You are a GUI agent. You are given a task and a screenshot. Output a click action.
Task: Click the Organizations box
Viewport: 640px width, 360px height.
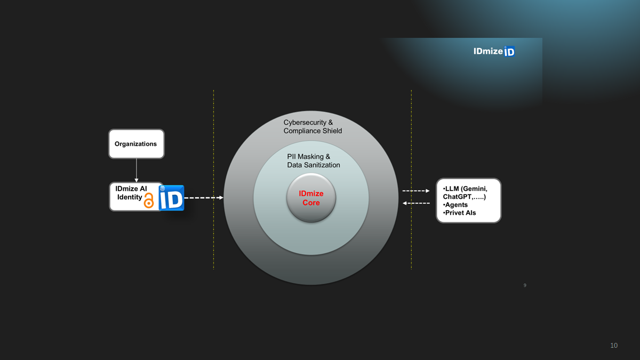(136, 144)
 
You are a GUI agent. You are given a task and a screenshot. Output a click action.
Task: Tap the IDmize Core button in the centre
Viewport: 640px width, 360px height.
(311, 198)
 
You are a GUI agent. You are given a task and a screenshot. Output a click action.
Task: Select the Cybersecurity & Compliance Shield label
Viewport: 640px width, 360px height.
(312, 126)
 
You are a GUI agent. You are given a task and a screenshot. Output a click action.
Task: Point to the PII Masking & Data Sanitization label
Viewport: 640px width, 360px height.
(313, 161)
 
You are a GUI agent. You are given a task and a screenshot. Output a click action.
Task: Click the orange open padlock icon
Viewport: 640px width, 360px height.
(149, 201)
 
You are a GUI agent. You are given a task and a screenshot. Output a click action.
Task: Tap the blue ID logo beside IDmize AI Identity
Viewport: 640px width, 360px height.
(172, 198)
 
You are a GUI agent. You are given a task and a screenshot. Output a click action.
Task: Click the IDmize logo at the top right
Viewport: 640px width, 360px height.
(494, 51)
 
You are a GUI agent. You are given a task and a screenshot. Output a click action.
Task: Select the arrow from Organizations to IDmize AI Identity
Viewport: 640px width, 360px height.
(137, 170)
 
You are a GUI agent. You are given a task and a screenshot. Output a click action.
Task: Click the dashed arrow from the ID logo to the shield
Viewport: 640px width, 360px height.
(203, 198)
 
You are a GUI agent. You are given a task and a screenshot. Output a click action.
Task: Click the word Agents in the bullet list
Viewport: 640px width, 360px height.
(456, 205)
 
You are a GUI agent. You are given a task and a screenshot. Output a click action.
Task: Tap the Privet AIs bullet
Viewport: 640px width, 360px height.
(460, 213)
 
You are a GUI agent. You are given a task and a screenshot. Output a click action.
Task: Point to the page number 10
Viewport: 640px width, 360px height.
(614, 346)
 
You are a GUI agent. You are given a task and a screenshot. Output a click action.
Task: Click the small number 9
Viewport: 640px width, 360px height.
(525, 286)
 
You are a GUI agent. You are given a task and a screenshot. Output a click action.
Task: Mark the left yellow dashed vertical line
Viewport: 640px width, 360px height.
(213, 179)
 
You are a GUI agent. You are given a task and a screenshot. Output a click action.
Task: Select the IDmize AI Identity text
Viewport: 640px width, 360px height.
(131, 193)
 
